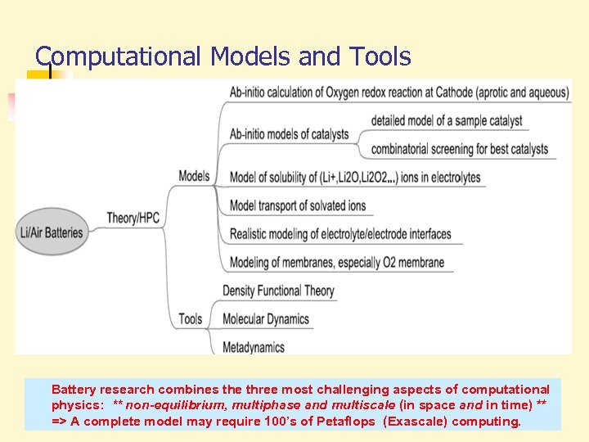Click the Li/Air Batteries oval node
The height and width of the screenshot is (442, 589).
pyautogui.click(x=52, y=232)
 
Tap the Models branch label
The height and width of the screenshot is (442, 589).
pyautogui.click(x=194, y=175)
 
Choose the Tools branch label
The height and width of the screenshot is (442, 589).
pyautogui.click(x=191, y=318)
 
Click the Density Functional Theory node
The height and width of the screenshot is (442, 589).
pyautogui.click(x=278, y=291)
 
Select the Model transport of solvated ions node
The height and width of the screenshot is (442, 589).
pyautogui.click(x=298, y=205)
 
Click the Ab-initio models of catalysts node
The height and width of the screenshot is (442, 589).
pyautogui.click(x=290, y=134)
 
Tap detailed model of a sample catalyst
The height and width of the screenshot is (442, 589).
pyautogui.click(x=447, y=120)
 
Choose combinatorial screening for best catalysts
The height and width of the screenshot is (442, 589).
pyautogui.click(x=459, y=149)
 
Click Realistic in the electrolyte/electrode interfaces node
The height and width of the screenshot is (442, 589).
pyautogui.click(x=250, y=234)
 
